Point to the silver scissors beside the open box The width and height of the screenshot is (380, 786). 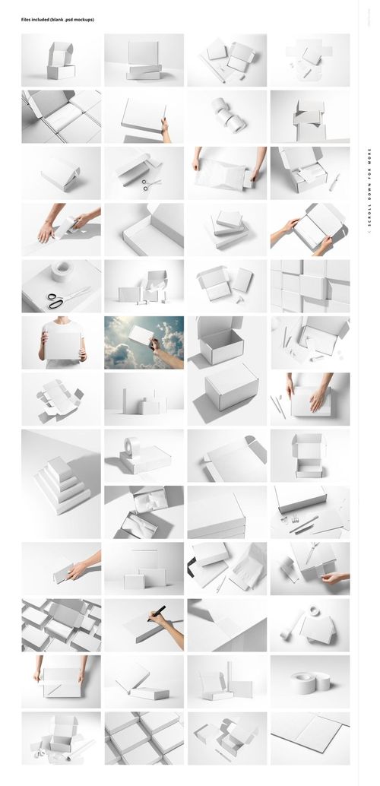pos(152,184)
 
